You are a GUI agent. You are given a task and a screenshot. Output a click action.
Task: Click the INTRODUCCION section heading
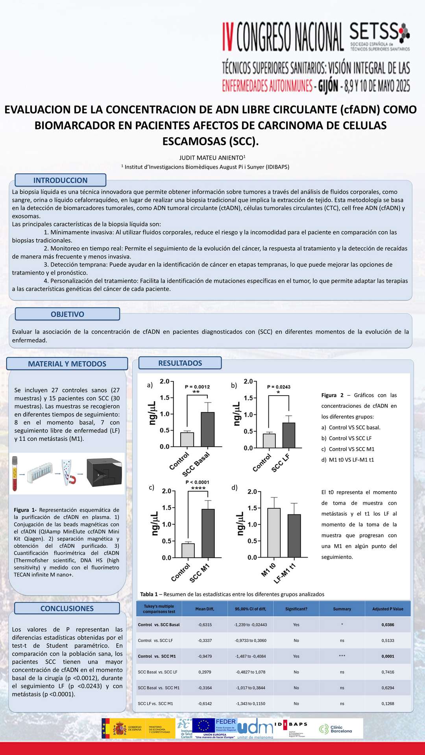coord(60,180)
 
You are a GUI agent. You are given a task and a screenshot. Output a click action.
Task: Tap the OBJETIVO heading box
coord(67,314)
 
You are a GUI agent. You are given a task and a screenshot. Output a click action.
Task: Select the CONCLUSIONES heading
coord(67,608)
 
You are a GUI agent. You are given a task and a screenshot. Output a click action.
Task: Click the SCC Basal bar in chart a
coord(208,429)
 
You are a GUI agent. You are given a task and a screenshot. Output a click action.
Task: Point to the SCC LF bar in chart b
coord(289,435)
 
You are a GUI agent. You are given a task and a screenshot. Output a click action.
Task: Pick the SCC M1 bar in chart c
coord(208,533)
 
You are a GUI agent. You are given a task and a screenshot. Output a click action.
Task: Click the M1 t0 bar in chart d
coord(274,532)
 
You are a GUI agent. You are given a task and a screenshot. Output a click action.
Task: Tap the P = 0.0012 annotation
coord(197,387)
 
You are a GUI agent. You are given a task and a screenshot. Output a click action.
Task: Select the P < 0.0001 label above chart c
coord(198,482)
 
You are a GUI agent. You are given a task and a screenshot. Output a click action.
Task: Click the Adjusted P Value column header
coord(388,609)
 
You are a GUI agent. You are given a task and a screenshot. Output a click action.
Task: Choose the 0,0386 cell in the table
coord(388,624)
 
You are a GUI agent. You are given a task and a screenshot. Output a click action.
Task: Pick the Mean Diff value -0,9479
coord(205,656)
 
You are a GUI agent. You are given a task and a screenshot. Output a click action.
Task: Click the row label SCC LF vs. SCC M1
coord(155,703)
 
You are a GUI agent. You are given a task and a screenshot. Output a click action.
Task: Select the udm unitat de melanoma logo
coord(255,729)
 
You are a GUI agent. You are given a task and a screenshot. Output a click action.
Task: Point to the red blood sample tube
coord(15,473)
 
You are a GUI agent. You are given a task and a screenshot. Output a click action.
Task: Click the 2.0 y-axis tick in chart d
coord(252,492)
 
